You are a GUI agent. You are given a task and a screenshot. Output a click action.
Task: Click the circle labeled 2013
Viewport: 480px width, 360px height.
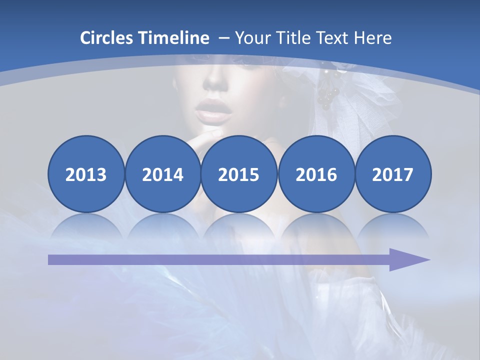tap(86, 174)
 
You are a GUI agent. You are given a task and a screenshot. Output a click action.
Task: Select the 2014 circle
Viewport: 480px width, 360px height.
tap(162, 174)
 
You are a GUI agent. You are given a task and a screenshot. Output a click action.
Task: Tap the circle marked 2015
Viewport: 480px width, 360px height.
tap(239, 174)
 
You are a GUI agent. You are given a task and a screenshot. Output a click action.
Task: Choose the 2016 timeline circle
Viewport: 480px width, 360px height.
tap(316, 174)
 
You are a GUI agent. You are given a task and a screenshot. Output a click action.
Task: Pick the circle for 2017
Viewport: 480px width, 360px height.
tap(392, 174)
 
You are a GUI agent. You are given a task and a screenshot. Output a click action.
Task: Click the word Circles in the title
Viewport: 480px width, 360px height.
tap(107, 38)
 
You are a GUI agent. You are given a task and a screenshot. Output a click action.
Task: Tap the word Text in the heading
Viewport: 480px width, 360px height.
tap(333, 38)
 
